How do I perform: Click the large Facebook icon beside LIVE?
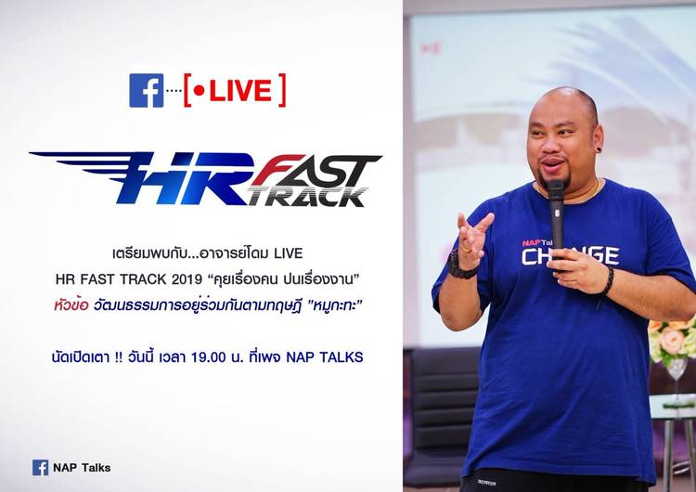click(x=147, y=91)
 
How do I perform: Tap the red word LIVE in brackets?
click(x=240, y=91)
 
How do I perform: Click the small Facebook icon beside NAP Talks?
click(x=41, y=468)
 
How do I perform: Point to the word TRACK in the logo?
click(x=307, y=197)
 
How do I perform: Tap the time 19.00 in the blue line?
click(x=209, y=357)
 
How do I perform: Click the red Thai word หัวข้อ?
click(x=71, y=305)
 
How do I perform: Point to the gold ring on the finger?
click(x=468, y=250)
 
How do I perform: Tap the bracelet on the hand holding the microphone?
click(x=607, y=280)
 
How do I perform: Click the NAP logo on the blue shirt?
click(x=531, y=243)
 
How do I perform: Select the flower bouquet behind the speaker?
click(x=671, y=340)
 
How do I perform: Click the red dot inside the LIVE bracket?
click(x=200, y=91)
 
